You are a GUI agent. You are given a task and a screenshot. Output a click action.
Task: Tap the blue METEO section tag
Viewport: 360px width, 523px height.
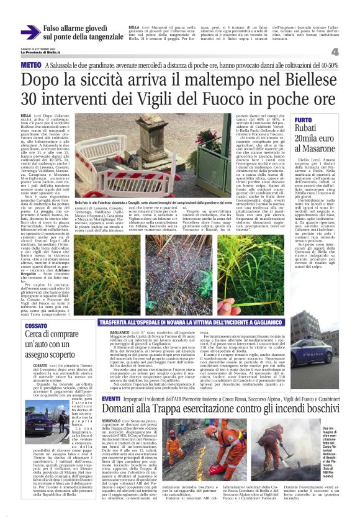pyautogui.click(x=32, y=65)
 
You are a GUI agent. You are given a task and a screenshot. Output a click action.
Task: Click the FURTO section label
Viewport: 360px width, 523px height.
pyautogui.click(x=304, y=119)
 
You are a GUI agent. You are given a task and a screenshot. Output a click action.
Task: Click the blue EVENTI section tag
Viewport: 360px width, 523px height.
pyautogui.click(x=94, y=380)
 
